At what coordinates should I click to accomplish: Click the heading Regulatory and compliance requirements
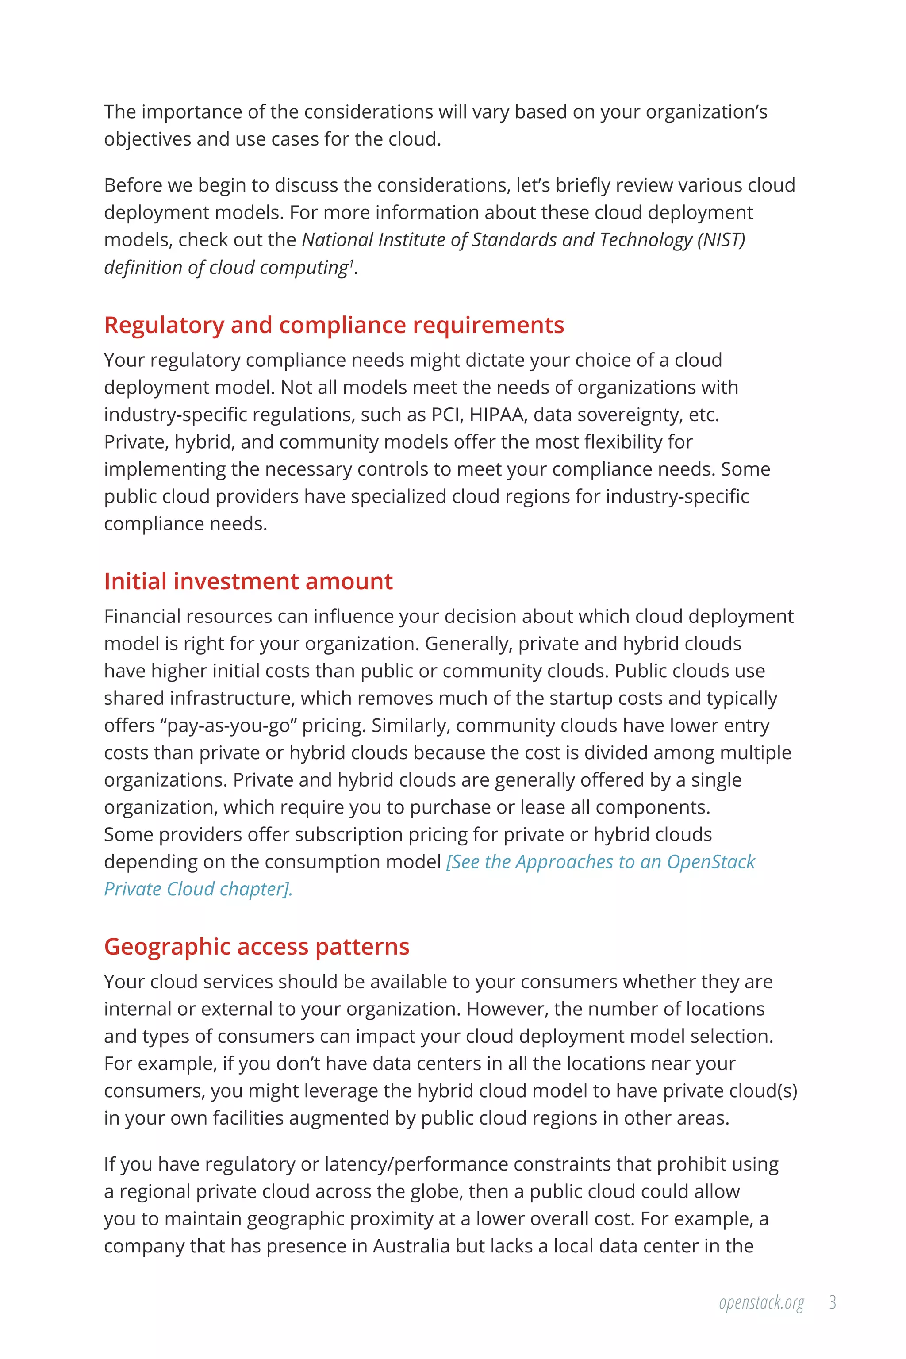(x=334, y=325)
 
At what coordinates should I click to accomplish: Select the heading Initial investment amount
(x=249, y=581)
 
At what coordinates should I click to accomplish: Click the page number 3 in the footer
(x=833, y=1302)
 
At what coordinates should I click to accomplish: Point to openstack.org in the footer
(x=761, y=1303)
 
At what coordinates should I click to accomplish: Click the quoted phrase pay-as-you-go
(x=229, y=726)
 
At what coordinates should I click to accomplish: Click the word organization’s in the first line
(x=706, y=112)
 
